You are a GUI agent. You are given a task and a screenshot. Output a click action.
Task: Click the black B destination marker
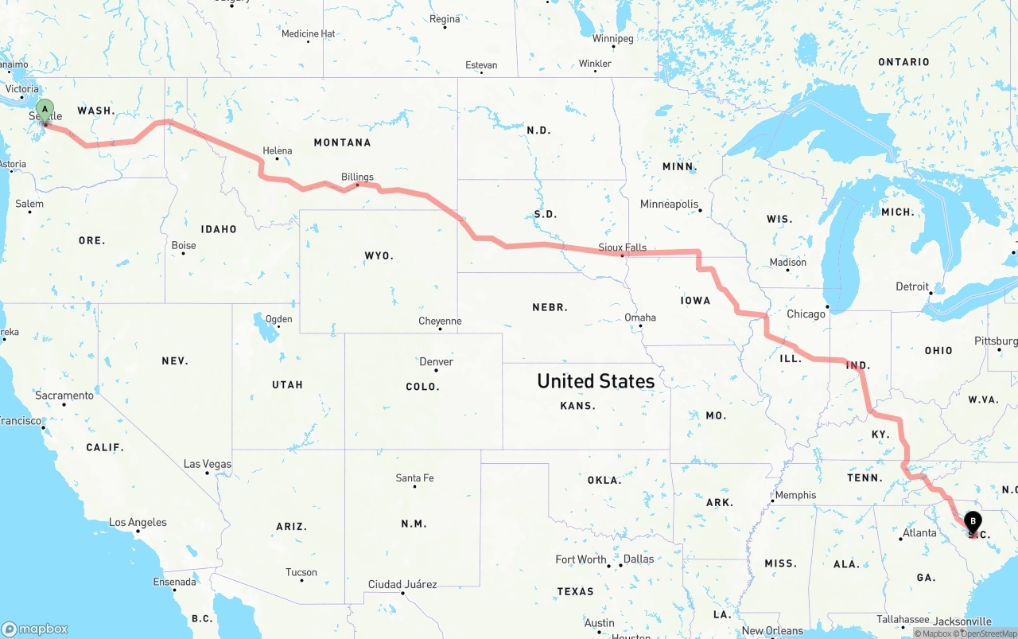point(972,522)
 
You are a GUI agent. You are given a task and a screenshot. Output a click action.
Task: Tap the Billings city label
point(357,177)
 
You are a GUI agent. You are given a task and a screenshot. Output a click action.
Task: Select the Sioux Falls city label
point(624,247)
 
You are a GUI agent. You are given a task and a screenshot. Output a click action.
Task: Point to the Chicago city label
point(806,314)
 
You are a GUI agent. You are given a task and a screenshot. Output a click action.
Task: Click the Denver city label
point(436,361)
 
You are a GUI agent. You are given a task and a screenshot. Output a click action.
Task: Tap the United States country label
point(596,381)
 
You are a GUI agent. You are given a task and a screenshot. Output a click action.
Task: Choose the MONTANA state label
point(342,142)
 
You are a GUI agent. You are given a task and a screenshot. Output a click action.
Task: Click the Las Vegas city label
point(208,464)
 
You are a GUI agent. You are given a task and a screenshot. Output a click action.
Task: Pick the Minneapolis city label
point(669,205)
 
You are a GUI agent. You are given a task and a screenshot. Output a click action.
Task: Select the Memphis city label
point(795,495)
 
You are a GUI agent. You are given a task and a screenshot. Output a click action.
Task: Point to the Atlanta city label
point(919,533)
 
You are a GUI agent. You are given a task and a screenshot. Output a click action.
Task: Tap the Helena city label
point(278,150)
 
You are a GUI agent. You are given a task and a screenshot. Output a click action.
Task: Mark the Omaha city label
point(640,318)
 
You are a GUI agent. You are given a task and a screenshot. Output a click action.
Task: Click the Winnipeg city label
point(612,38)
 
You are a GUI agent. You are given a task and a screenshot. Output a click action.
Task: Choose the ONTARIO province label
point(903,62)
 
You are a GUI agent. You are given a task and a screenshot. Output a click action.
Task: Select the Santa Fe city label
point(414,478)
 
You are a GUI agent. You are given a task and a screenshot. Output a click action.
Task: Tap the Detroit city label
point(912,286)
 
